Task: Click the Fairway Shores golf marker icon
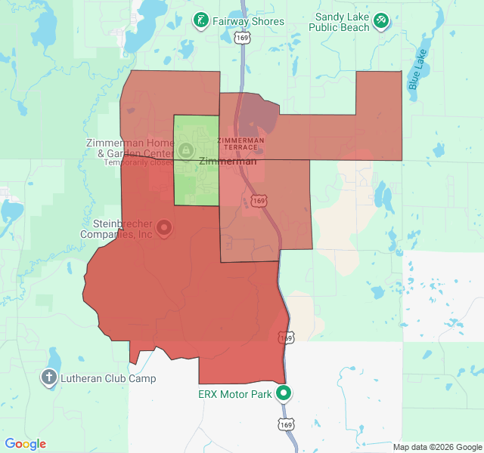[200, 20]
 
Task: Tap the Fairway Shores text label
[248, 21]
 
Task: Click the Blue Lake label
[417, 69]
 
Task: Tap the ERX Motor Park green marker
[284, 393]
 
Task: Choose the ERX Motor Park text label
[235, 394]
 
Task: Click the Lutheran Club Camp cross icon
[49, 377]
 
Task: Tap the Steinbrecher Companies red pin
[163, 226]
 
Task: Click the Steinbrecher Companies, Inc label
[123, 229]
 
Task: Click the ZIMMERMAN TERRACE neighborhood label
[240, 143]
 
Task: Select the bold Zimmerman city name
[228, 162]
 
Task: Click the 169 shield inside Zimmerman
[259, 201]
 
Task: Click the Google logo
[26, 444]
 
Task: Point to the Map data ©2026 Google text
[437, 447]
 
